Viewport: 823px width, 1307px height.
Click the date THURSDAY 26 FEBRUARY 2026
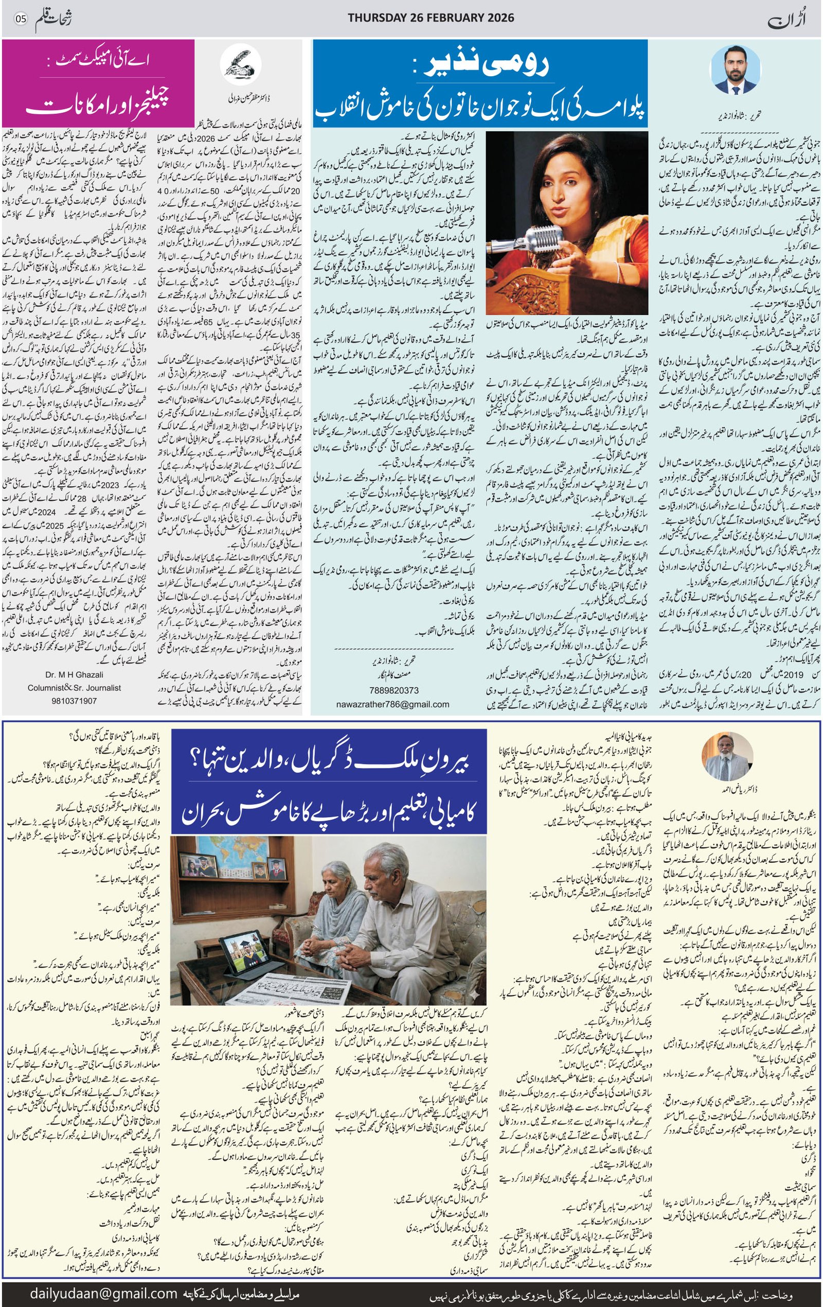pos(431,18)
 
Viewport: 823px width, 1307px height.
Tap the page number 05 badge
pos(21,18)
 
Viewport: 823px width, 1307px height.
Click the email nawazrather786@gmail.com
pos(392,705)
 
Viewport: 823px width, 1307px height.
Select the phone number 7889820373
pos(392,691)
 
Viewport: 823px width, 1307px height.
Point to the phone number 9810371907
pos(74,701)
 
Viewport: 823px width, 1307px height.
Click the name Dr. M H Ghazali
pos(74,675)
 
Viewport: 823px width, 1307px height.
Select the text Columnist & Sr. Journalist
pos(74,688)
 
